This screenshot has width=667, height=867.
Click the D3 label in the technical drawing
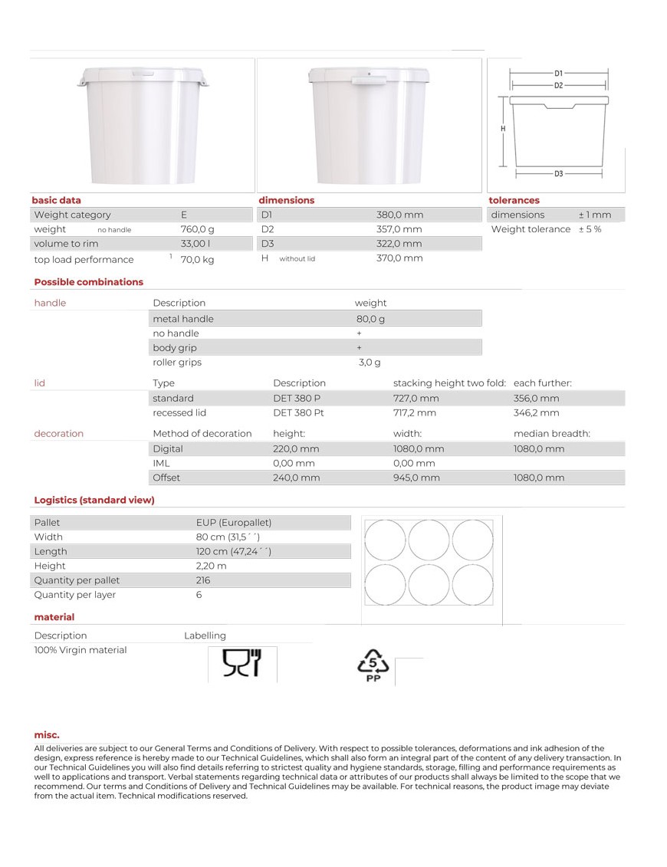pos(558,174)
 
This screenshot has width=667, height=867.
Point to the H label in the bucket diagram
pos(503,129)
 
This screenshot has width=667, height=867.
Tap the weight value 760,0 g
pos(197,229)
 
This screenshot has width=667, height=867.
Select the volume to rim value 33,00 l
pos(195,244)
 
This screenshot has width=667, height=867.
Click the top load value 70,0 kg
pos(197,260)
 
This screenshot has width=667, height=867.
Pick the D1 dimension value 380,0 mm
pos(399,215)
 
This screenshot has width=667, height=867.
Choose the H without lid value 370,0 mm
pos(399,258)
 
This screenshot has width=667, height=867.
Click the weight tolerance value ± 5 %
pos(590,229)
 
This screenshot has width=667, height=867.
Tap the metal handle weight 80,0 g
pos(370,319)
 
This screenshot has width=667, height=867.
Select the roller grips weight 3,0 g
pos(370,363)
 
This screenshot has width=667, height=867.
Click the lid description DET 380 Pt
pos(298,413)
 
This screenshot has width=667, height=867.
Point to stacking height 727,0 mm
pos(416,399)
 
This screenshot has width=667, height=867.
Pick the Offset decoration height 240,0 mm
pos(296,478)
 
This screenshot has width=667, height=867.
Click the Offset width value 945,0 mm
pos(416,478)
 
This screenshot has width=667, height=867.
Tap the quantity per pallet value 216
pos(203,580)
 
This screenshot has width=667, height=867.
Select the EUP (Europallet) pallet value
pos(234,522)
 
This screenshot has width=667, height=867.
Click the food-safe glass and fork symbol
pos(242,663)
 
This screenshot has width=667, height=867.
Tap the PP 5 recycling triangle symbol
pos(373,666)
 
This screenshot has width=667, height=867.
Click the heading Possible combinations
pos(88,282)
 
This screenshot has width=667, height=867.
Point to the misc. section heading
pos(47,735)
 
